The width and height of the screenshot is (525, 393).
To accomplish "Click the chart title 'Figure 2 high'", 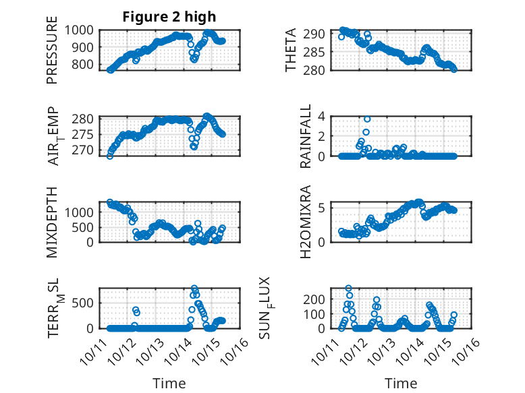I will pos(169,17).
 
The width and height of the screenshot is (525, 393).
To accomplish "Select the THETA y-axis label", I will pos(291,51).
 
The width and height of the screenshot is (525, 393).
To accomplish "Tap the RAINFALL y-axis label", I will pos(306,137).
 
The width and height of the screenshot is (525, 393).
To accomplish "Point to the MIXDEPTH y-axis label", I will pos(53,222).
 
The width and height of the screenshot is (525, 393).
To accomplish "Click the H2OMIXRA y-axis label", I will pos(306,222).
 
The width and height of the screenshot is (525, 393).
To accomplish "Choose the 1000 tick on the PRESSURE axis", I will pos(80,30).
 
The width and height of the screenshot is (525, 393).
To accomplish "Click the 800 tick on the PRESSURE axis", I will pos(84,65).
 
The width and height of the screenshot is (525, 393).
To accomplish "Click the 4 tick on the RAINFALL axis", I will pos(322,117).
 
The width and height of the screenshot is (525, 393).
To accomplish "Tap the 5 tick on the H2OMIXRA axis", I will pos(322,207).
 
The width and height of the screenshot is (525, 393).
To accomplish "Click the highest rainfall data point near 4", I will pos(367,119).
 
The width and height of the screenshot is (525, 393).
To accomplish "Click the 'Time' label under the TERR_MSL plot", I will pos(169,383).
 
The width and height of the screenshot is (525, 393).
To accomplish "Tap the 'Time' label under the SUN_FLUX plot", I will pos(401,383).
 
